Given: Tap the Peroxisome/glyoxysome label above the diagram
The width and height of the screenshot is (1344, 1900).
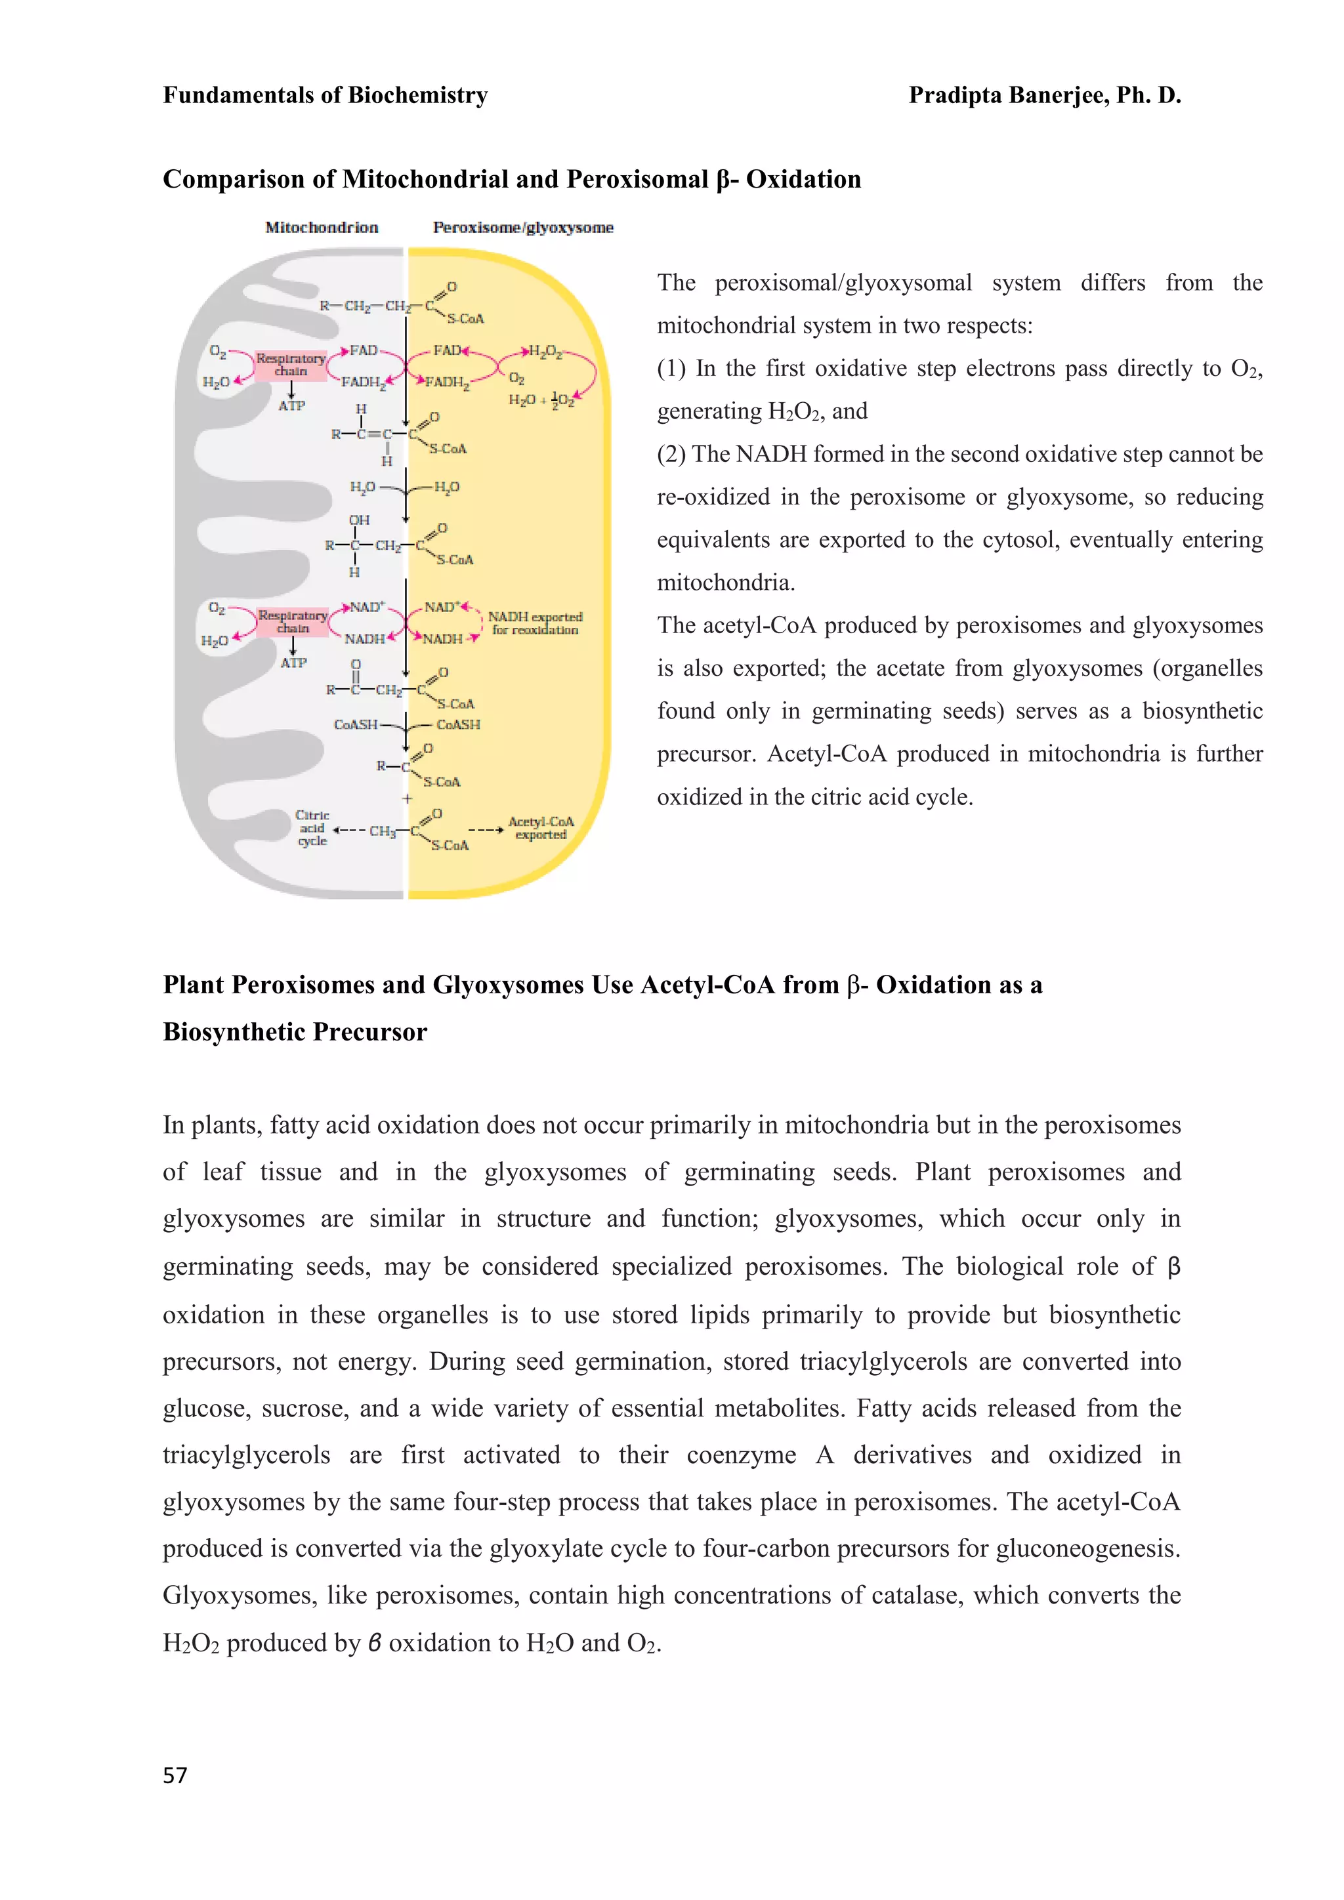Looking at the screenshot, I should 523,227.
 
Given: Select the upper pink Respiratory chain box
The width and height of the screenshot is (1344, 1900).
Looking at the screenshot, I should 291,364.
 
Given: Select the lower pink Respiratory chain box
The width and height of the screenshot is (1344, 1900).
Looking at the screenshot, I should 292,621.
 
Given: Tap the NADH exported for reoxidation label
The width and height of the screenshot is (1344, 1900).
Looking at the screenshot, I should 535,623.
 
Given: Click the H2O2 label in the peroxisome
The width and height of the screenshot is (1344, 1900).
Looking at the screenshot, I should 545,352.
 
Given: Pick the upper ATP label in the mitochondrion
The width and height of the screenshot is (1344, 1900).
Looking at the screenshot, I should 291,405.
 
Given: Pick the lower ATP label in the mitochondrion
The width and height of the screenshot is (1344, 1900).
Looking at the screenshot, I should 293,663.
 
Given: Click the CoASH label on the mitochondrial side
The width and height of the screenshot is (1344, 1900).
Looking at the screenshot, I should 355,724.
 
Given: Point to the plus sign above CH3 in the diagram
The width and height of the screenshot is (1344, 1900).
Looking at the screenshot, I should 406,798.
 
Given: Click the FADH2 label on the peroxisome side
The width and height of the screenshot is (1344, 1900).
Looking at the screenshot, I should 447,382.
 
